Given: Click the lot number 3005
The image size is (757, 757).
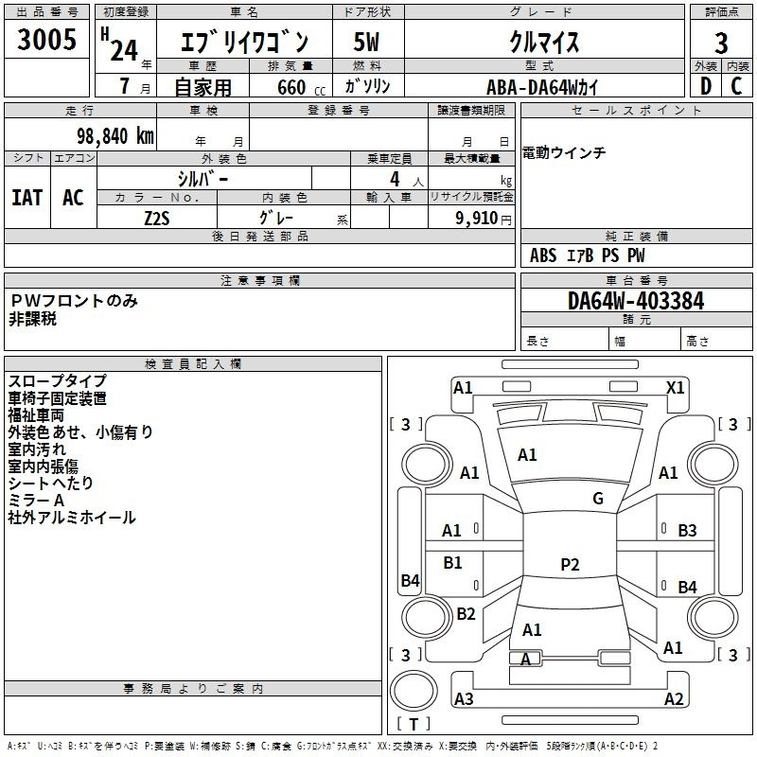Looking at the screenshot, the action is tap(46, 39).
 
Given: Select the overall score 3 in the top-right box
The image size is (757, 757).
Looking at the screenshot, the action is tap(721, 43).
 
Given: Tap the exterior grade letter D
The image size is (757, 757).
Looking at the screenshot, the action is tap(706, 86).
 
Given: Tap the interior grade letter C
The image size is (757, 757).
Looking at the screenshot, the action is tap(736, 86).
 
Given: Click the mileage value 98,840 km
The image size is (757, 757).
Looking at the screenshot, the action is tap(115, 136).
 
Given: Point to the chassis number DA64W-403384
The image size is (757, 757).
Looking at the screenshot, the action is tap(636, 301).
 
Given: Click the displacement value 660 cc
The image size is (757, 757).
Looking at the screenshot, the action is tap(301, 87).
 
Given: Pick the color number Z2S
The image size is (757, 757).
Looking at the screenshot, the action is tap(157, 219).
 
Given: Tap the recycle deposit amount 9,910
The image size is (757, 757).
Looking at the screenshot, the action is tap(477, 218).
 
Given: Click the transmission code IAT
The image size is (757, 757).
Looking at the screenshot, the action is tap(27, 198).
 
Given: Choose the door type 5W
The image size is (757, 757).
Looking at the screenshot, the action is tap(366, 42).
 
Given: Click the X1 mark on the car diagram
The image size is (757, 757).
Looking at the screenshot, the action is tap(675, 388).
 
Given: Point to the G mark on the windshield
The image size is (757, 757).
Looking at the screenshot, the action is tap(598, 499).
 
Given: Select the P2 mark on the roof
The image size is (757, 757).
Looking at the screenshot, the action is tap(570, 564).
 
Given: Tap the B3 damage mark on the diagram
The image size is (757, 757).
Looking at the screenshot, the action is tap(687, 531).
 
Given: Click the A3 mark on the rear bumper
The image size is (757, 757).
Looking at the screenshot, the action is tap(464, 698).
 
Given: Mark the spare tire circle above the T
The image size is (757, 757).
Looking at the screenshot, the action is tap(414, 691).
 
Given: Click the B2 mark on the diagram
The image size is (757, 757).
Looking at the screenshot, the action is tap(466, 613).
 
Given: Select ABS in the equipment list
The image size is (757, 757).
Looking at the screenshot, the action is tap(543, 255).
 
